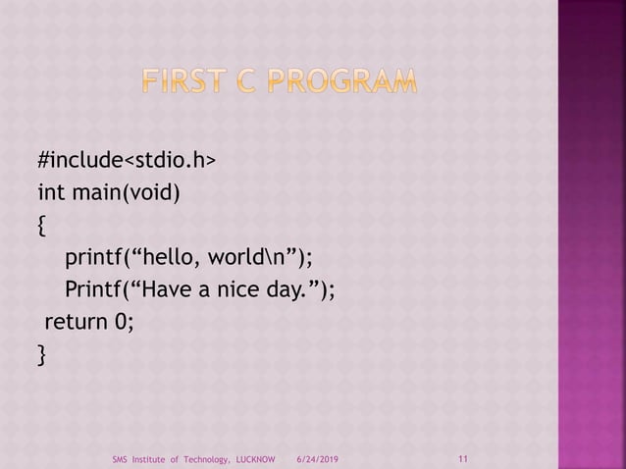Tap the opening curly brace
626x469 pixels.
(41, 225)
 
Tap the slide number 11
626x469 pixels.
(463, 457)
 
